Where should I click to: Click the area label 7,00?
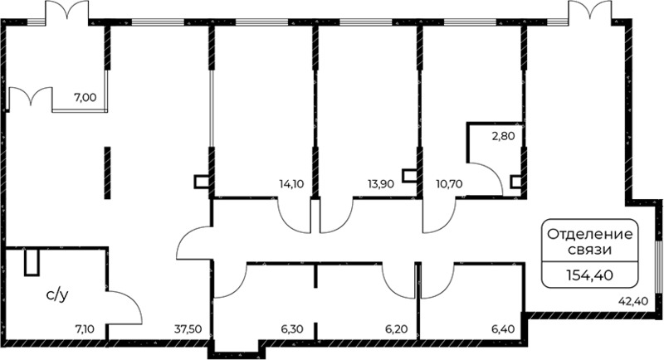85,98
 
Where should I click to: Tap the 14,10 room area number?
291,184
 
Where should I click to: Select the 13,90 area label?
381,184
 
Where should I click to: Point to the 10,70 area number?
449,184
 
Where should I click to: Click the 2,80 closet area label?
504,136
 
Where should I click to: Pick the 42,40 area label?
633,302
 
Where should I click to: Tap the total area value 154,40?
590,276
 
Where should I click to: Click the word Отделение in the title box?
590,235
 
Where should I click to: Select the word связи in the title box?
590,250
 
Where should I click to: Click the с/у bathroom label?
57,295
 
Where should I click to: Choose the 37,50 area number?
188,328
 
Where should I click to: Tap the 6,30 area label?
292,328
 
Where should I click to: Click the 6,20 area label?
397,328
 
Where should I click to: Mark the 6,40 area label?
504,328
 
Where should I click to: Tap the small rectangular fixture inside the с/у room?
32,262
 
